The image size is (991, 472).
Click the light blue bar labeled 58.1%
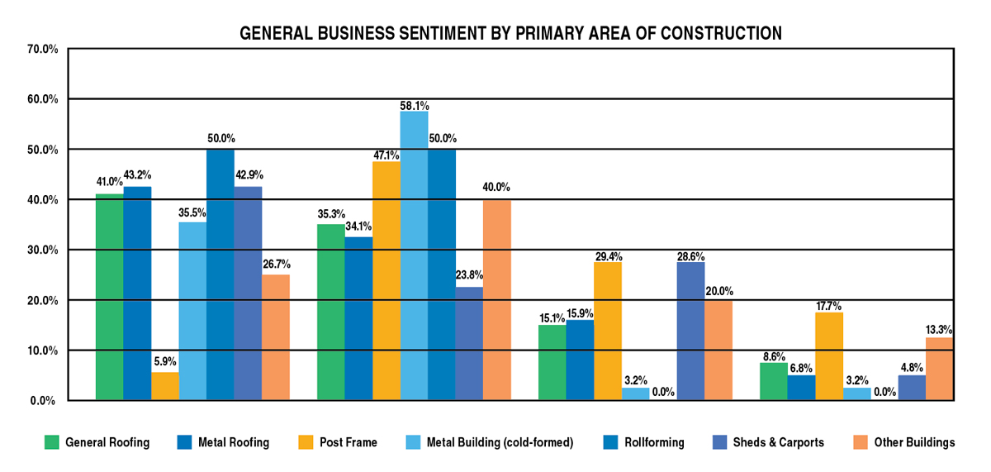coord(414,256)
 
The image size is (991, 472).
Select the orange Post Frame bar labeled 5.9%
coord(164,386)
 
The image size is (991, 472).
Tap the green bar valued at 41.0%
coord(109,298)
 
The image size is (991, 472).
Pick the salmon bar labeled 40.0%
coord(497,300)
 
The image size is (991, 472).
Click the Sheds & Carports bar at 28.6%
coord(690,331)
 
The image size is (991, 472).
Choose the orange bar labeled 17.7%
coord(829,356)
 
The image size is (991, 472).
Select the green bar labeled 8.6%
coord(774,381)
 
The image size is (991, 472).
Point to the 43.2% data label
coord(137,174)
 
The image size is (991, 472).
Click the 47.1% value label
coord(386,155)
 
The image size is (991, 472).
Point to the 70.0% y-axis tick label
coord(41,49)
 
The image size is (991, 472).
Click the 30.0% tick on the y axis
coord(41,250)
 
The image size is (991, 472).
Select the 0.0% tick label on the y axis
coord(44,401)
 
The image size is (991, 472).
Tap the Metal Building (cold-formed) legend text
coord(500,442)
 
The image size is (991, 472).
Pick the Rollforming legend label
coord(652,442)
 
